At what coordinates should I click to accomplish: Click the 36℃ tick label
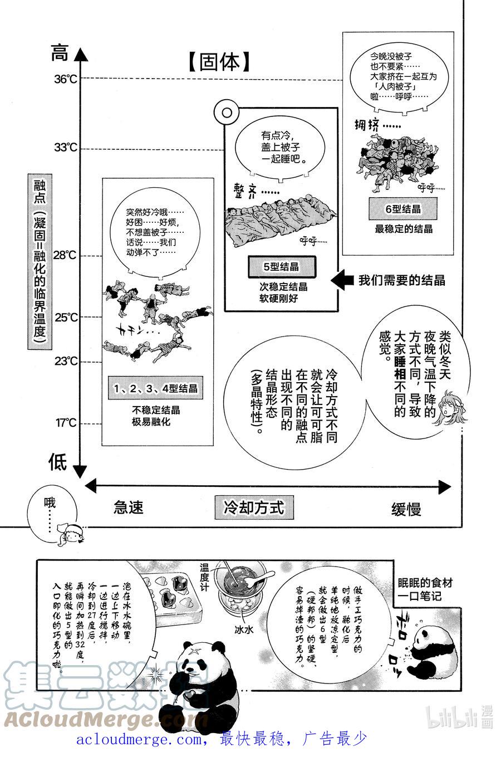[66, 79]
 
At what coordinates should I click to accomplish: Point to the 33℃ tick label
[66, 148]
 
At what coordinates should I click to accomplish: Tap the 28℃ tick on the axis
[66, 255]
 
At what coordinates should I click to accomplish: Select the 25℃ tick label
[66, 317]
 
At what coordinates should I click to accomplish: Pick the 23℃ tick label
[66, 361]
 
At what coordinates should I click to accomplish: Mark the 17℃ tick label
[66, 423]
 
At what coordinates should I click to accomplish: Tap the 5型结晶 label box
[281, 267]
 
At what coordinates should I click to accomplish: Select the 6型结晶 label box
[403, 209]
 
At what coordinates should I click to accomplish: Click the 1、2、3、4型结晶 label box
[156, 388]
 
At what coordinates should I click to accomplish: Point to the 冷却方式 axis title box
[254, 508]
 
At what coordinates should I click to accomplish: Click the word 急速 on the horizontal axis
[129, 508]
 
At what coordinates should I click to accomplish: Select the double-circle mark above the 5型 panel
[227, 113]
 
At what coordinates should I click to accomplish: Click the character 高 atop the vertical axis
[59, 53]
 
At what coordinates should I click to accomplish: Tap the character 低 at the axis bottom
[58, 462]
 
